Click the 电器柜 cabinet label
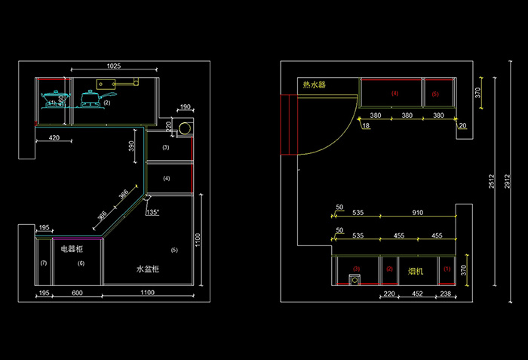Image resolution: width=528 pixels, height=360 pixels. click(x=72, y=248)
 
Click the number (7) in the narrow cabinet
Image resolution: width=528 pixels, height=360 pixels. click(x=43, y=263)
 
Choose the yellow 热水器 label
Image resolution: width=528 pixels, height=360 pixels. click(x=314, y=85)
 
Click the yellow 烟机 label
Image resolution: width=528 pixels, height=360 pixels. click(x=416, y=270)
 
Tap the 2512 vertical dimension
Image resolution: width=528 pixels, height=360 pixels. click(x=491, y=181)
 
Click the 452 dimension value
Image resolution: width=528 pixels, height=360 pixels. click(x=416, y=294)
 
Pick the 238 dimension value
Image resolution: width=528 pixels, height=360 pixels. click(x=446, y=294)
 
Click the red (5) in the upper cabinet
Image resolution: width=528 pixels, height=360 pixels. click(x=435, y=94)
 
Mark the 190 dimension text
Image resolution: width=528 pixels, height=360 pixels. click(x=186, y=108)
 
